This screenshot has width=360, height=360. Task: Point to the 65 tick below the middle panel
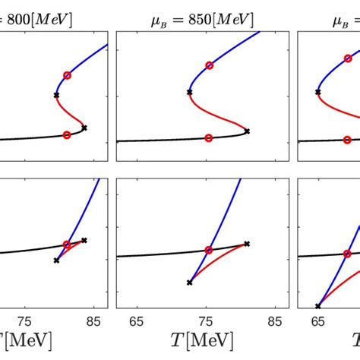click(x=137, y=320)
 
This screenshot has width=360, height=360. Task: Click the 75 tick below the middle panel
click(x=209, y=320)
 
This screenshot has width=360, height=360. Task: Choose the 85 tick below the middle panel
click(x=279, y=320)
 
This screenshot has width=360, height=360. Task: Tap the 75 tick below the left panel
click(x=25, y=320)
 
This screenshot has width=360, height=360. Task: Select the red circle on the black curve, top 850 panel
click(x=209, y=138)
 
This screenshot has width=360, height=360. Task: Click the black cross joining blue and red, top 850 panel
click(x=189, y=92)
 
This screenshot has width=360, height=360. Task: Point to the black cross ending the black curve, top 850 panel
click(x=247, y=131)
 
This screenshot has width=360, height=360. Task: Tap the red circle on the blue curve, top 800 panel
click(x=67, y=75)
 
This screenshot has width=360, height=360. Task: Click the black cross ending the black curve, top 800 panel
click(x=84, y=128)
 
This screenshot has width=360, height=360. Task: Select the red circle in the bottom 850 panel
click(x=209, y=249)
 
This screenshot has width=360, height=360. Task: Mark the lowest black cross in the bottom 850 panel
click(x=189, y=283)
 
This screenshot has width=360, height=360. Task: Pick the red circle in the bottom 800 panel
click(x=67, y=245)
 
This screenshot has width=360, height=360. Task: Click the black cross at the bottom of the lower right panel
click(x=318, y=306)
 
